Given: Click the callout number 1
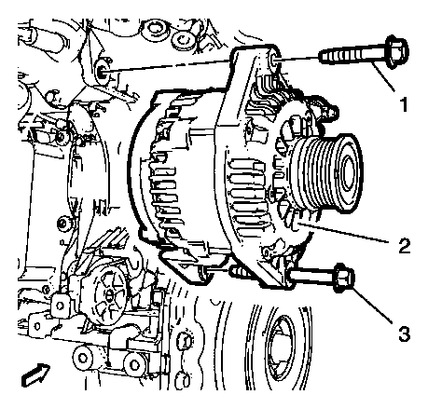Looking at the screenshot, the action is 404,104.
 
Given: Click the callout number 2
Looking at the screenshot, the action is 404,246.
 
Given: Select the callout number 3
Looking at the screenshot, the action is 404,333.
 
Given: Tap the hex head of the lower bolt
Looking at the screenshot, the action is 344,278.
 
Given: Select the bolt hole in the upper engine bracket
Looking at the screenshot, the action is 102,74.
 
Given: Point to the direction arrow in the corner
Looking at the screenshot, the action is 35,374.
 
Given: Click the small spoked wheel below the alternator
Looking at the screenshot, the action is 108,294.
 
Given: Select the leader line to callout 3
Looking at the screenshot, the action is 372,306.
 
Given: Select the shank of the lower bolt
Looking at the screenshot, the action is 311,277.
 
